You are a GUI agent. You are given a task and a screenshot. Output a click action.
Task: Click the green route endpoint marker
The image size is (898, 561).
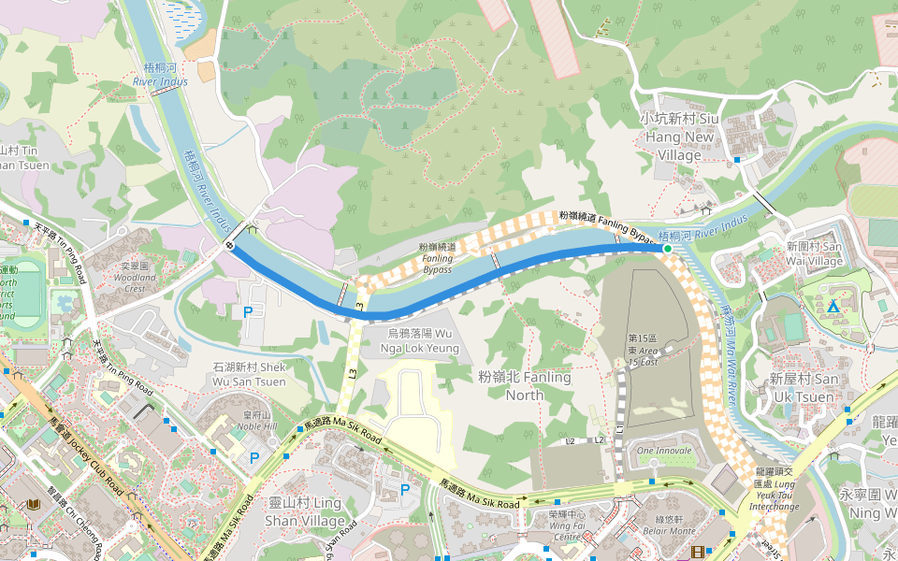click(x=667, y=249)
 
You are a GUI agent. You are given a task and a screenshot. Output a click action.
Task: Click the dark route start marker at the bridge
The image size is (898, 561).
click(x=230, y=245)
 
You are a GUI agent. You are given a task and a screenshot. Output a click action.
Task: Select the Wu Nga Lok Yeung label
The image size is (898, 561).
click(x=420, y=340)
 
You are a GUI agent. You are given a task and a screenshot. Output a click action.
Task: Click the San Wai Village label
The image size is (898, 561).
click(x=814, y=254)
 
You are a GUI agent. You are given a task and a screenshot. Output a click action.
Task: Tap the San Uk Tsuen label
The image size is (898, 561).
click(x=804, y=387)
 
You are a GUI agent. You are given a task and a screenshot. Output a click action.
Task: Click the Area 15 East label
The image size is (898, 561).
click(x=644, y=350)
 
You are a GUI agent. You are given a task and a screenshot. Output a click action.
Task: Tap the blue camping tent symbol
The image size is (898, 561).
click(x=833, y=306)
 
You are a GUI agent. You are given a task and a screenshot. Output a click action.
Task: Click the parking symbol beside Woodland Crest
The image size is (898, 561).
click(x=248, y=312)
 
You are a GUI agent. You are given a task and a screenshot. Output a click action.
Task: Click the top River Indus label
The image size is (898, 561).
click(x=160, y=75)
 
